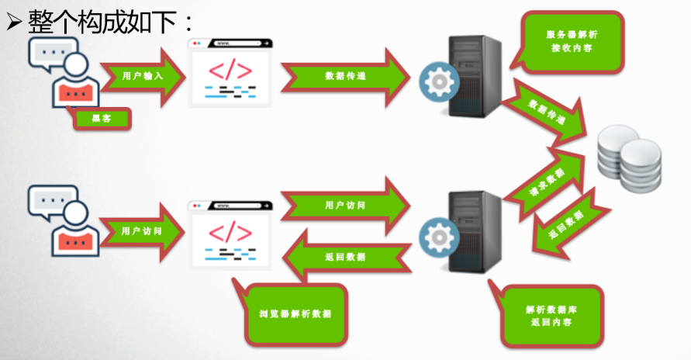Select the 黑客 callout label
[x=102, y=118]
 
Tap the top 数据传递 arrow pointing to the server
[x=345, y=76]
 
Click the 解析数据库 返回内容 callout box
[x=551, y=314]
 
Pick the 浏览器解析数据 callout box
[x=295, y=313]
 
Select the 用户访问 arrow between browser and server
[x=345, y=206]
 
